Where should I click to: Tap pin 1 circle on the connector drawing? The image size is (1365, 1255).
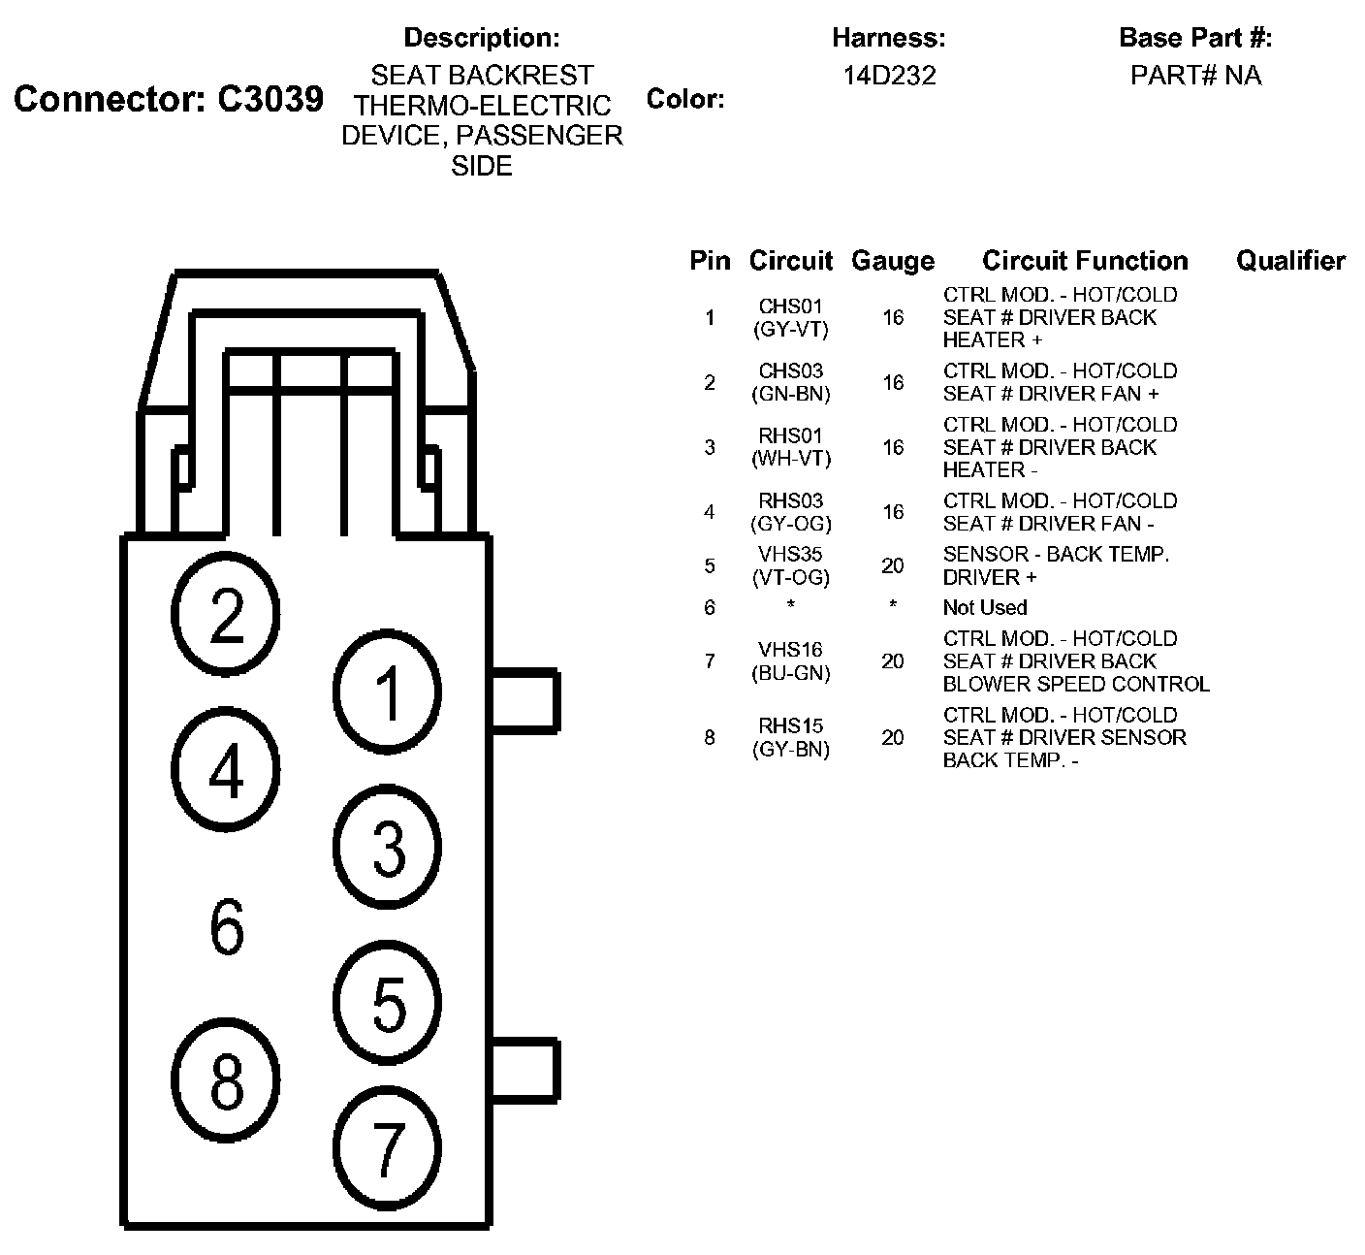(388, 692)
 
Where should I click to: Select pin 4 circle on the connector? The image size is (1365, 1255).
(226, 770)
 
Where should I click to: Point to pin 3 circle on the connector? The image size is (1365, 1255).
(388, 846)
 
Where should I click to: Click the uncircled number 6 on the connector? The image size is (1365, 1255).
(226, 926)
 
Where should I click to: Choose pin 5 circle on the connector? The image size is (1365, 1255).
(388, 1003)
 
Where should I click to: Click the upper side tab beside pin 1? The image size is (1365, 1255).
(525, 698)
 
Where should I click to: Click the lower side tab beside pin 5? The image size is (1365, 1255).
(525, 1070)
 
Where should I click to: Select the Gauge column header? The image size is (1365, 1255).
(892, 261)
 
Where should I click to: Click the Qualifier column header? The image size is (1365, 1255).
(1289, 261)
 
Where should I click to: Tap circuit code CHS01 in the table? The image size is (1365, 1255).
(790, 306)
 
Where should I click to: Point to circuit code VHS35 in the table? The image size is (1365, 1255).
(790, 554)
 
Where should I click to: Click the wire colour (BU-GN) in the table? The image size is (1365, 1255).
(790, 673)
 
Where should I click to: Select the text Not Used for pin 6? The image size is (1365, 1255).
(984, 608)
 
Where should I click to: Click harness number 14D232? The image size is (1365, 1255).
(889, 76)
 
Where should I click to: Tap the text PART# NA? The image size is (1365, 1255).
(1195, 76)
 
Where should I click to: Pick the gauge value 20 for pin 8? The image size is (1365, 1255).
(892, 738)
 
